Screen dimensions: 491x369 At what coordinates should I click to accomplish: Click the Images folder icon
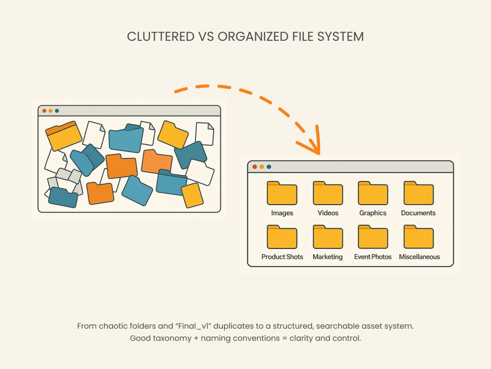[282, 193]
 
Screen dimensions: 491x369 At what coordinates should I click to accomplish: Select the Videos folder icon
[328, 193]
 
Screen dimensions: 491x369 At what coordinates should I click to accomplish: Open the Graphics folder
[373, 193]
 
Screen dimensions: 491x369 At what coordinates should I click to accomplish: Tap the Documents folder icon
[419, 193]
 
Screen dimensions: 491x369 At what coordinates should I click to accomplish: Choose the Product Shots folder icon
[282, 237]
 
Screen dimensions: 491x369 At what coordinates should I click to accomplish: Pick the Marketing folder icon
[328, 237]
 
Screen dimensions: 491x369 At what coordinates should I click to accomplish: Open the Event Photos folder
[373, 237]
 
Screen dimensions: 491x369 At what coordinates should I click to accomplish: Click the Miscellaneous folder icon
[419, 237]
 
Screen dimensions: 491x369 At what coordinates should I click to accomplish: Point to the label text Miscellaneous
[419, 257]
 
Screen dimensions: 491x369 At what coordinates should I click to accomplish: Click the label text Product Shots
[282, 257]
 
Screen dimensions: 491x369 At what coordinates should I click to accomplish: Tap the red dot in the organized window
[254, 167]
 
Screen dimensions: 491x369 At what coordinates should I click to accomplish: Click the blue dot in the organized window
[269, 167]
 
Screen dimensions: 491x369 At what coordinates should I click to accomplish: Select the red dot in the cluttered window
[44, 111]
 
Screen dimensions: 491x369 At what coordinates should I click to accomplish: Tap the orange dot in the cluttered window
[51, 111]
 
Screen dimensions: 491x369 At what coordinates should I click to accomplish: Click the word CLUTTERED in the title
[161, 36]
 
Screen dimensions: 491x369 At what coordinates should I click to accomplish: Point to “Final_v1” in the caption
[193, 326]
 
